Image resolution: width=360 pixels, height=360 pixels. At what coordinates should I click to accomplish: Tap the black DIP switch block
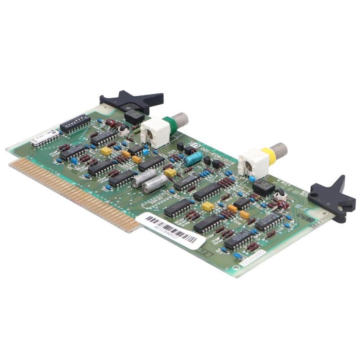click(x=75, y=123)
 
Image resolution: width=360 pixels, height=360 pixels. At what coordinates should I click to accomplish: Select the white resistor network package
click(x=45, y=139)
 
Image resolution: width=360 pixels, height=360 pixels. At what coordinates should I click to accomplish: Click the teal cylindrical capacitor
click(x=193, y=158)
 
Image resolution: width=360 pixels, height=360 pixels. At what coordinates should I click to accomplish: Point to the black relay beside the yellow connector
click(x=263, y=187)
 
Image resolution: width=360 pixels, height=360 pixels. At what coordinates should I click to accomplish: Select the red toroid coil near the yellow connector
click(x=282, y=205)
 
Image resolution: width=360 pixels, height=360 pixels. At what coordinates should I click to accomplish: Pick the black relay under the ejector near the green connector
click(x=134, y=116)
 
